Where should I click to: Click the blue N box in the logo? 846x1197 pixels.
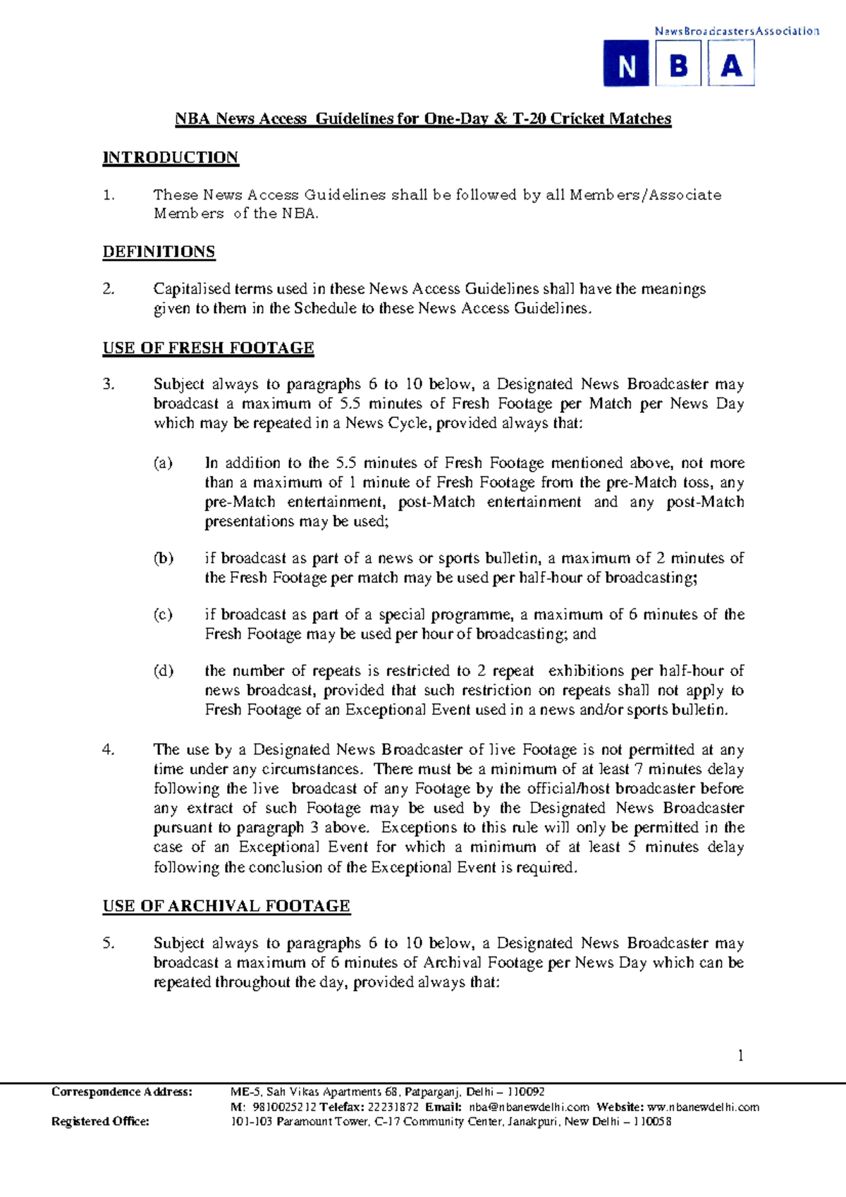point(626,64)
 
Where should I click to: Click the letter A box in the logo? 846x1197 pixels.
point(731,64)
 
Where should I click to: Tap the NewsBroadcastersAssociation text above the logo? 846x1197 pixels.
point(736,31)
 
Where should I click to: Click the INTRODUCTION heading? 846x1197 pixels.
point(171,157)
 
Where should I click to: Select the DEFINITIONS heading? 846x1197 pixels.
point(159,252)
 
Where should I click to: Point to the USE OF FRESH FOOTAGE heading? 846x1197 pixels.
point(208,348)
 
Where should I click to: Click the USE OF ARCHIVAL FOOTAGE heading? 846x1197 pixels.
point(226,906)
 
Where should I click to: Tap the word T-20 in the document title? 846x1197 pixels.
point(529,118)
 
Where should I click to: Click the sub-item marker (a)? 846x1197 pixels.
point(163,463)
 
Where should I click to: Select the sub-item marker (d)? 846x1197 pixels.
point(163,670)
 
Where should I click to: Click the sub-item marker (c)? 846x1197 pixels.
point(163,614)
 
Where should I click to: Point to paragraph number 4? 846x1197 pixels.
point(109,749)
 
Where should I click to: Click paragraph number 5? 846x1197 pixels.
point(109,943)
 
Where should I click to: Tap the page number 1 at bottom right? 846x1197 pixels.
point(740,1055)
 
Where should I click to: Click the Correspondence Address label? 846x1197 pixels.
point(121,1092)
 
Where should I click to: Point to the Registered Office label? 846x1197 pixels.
point(100,1122)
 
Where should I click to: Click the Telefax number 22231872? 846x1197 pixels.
point(393,1107)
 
